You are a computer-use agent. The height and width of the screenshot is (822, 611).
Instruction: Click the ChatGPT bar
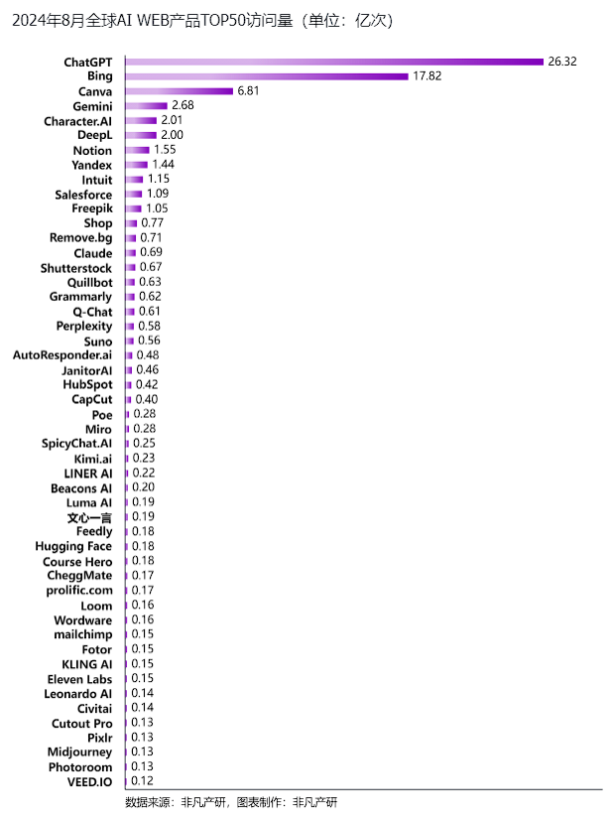click(334, 62)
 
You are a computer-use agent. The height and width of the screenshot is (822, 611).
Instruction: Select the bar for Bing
click(267, 76)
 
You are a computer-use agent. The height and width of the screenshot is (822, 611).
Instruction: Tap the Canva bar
click(180, 91)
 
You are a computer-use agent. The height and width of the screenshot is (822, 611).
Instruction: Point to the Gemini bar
click(147, 106)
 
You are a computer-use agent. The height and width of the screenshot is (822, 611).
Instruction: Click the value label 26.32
click(562, 62)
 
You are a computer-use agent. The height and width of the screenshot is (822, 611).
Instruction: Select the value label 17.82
click(427, 76)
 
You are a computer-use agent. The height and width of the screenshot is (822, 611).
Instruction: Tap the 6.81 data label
click(248, 91)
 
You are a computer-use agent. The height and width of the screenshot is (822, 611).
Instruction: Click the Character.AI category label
click(78, 122)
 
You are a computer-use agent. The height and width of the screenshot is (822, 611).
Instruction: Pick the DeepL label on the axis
click(95, 135)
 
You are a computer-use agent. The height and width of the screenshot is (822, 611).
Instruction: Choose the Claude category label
click(93, 254)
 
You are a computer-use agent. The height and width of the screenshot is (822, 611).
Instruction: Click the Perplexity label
click(84, 327)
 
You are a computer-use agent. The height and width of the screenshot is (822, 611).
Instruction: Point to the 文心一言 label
click(89, 518)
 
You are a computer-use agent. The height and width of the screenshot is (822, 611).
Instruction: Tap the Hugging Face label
click(73, 547)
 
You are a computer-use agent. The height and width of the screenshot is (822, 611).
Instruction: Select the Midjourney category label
click(79, 753)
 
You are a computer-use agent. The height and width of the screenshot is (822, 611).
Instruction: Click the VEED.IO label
click(89, 782)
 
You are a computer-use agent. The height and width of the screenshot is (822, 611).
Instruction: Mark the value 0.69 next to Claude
click(151, 253)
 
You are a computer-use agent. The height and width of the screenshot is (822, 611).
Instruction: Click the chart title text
click(202, 21)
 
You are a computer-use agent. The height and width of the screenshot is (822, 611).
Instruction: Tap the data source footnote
click(231, 802)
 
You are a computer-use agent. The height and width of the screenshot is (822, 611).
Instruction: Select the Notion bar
click(138, 150)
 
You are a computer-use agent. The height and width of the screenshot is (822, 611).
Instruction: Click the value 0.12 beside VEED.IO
click(143, 781)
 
